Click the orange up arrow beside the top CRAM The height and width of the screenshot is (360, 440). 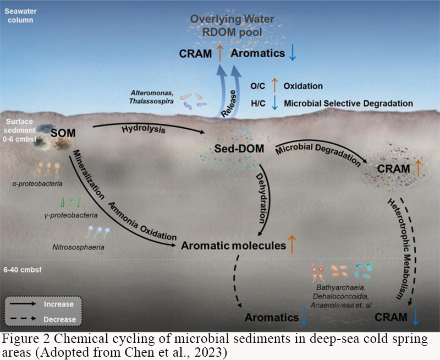(x=218, y=54)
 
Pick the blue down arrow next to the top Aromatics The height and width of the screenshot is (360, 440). (x=293, y=54)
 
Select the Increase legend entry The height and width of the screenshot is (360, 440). (x=59, y=303)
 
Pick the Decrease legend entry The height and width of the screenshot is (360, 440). (x=59, y=319)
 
